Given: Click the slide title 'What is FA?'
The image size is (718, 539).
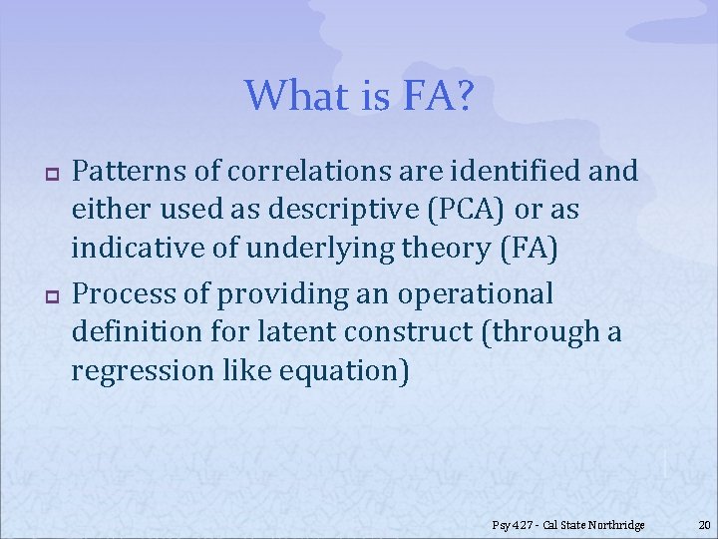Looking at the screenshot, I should pos(359,96).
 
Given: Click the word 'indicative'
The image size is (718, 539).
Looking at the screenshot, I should pos(138,249).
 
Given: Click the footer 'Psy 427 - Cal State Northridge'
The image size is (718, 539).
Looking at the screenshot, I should pos(568,525).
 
